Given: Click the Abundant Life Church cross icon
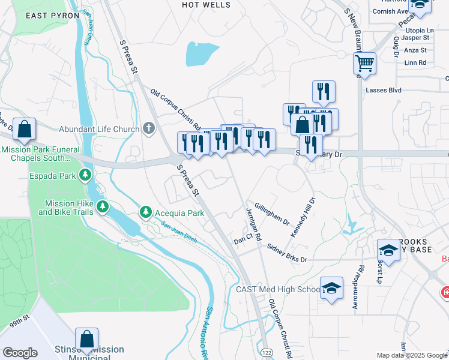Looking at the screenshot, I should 149,128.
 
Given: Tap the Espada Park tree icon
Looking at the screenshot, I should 86,175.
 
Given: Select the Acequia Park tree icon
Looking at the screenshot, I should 145,212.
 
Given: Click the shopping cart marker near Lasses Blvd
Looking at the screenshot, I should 364,62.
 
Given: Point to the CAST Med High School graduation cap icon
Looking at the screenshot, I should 331,289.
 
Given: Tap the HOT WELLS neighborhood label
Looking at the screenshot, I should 206,5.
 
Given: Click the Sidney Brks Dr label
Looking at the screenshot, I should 287,253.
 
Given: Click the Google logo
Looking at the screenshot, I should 20,353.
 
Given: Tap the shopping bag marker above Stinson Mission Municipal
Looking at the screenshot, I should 87,340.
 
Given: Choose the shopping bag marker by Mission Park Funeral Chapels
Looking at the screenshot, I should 24,129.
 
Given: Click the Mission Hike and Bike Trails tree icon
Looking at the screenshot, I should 103,207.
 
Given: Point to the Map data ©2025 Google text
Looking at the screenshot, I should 412,355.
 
